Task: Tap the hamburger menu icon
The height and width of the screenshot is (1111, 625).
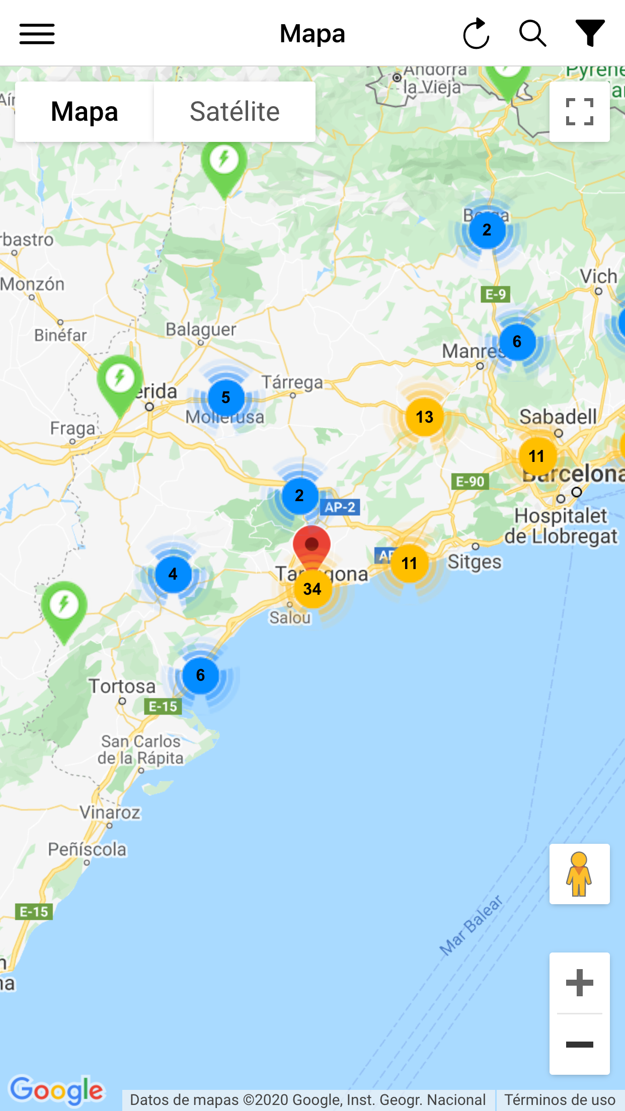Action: click(37, 34)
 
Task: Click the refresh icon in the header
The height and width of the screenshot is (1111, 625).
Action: click(476, 34)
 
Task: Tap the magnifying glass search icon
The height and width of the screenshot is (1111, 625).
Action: click(532, 34)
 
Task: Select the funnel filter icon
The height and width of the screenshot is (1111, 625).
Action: click(590, 33)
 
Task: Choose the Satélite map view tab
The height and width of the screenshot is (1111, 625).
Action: click(235, 112)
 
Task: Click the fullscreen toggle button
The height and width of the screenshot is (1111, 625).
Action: click(579, 112)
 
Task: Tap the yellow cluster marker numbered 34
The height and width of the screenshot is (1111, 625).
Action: click(312, 589)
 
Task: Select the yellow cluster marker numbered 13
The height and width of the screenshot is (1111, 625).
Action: click(425, 417)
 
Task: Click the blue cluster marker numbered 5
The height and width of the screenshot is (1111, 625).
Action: click(226, 398)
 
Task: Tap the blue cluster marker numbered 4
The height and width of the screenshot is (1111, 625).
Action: click(173, 574)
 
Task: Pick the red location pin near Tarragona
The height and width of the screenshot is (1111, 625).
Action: click(311, 544)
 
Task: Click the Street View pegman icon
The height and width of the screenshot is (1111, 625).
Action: click(579, 874)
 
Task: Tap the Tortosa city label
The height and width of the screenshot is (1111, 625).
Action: click(122, 686)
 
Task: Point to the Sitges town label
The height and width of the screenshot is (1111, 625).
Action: click(475, 562)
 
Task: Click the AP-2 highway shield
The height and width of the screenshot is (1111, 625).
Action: click(340, 507)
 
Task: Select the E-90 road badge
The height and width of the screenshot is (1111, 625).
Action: click(470, 482)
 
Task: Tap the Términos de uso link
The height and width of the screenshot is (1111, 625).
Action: click(560, 1099)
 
